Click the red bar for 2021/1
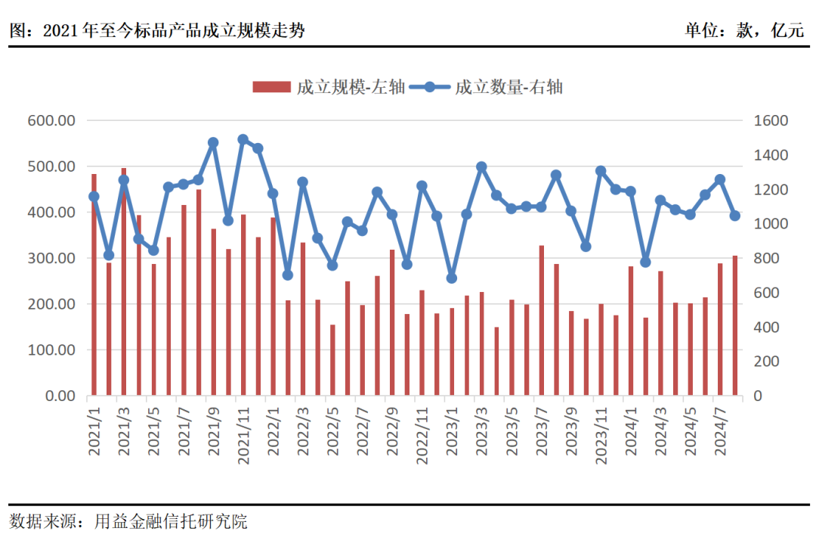(x=94, y=284)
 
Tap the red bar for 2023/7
(x=542, y=320)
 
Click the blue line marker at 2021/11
(x=243, y=140)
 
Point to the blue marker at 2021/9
(x=213, y=142)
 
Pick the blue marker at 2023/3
(x=481, y=166)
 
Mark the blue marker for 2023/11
(x=601, y=171)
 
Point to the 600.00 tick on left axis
(x=51, y=120)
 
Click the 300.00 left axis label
(x=51, y=258)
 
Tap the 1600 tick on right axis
(x=769, y=120)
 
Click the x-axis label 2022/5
(x=332, y=431)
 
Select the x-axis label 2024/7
(x=720, y=431)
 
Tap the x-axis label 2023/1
(x=452, y=431)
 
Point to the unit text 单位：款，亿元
(x=743, y=30)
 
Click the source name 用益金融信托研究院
(x=171, y=521)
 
